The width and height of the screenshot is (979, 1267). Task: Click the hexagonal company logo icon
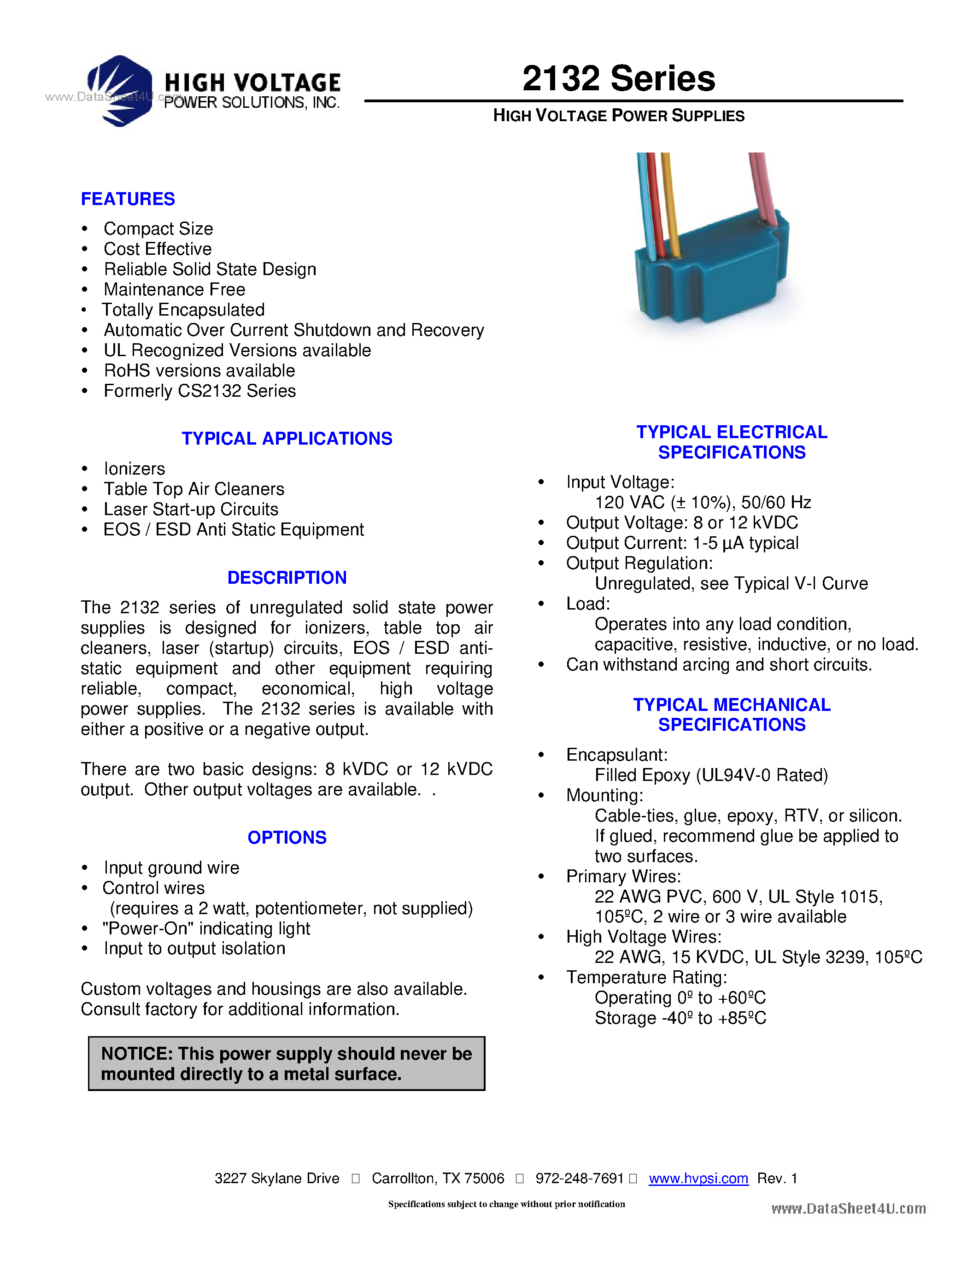pos(120,90)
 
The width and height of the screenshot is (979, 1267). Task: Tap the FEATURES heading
pos(128,199)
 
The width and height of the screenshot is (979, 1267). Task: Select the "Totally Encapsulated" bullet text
pos(183,310)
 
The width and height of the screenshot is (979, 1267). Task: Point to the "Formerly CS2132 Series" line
pos(199,391)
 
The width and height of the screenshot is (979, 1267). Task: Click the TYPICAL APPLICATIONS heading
pos(287,439)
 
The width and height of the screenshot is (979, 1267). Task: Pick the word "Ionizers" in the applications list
pos(135,469)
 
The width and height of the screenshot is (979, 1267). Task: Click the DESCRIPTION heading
pos(287,578)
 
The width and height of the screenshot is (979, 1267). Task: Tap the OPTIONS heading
pos(287,838)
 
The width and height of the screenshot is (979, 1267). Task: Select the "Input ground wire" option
pos(172,868)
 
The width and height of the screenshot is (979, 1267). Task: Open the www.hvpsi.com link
pos(698,1178)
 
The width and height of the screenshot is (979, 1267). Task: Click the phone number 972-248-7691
pos(579,1178)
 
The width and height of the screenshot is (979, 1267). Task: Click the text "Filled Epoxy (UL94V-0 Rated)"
pos(711,775)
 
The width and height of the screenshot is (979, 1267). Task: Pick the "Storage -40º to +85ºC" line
pos(680,1018)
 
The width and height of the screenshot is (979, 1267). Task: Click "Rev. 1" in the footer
pos(777,1178)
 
